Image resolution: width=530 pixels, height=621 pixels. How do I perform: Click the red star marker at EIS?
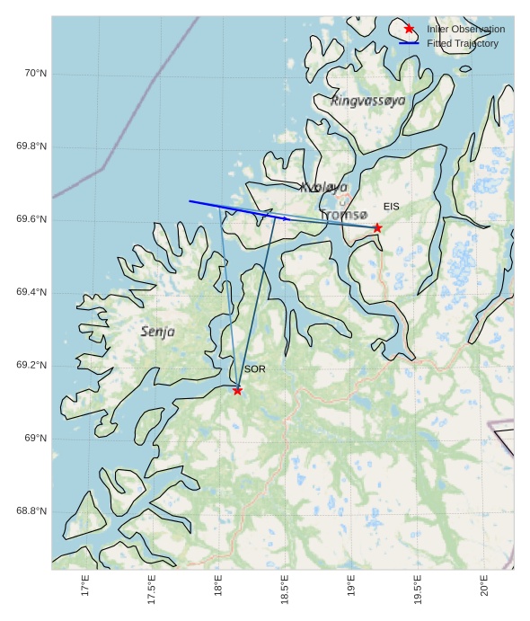(x=377, y=227)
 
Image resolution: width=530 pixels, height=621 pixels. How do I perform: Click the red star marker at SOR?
(x=237, y=390)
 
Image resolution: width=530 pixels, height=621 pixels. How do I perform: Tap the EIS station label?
(x=392, y=207)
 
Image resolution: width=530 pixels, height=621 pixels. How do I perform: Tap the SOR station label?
(x=255, y=369)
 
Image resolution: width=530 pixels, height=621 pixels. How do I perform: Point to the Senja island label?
(x=158, y=332)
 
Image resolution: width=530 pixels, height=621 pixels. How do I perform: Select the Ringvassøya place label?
(x=367, y=101)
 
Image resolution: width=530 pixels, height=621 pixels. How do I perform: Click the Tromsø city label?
(x=344, y=215)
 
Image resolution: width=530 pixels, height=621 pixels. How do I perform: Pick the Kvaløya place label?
(x=324, y=187)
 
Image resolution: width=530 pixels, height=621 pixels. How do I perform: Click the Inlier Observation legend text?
(x=465, y=29)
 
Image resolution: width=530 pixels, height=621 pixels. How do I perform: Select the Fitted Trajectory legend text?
(x=462, y=43)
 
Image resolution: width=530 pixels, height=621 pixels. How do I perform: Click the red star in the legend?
(x=410, y=29)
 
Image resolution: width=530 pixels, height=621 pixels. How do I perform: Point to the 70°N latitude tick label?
(x=35, y=74)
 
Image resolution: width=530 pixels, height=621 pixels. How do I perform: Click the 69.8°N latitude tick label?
(x=31, y=146)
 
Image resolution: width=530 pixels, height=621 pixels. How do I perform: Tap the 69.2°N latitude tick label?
(x=31, y=366)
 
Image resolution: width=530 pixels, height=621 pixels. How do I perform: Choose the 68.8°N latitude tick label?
(x=31, y=512)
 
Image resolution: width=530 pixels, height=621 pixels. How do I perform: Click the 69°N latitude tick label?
(x=35, y=439)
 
